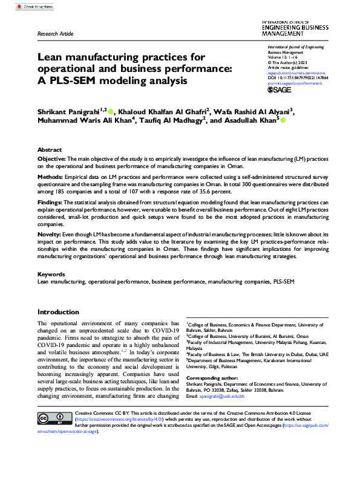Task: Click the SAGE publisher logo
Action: pos(281,89)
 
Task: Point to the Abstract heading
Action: pos(50,149)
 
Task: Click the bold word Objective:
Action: pos(51,158)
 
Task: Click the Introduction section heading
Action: pos(58,312)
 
